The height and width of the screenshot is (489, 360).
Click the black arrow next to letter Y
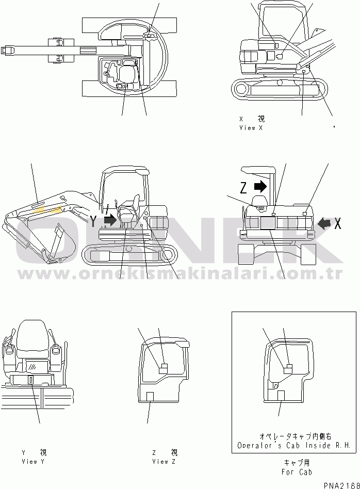click(x=110, y=220)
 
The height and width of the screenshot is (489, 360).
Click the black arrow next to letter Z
click(x=260, y=187)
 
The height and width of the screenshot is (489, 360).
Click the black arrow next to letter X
click(x=324, y=223)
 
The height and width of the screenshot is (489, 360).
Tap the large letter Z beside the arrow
click(x=243, y=187)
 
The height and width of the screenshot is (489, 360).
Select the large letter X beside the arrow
click(x=337, y=223)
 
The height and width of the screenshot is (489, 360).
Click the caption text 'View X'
click(x=251, y=128)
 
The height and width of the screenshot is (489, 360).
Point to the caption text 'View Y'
click(x=33, y=461)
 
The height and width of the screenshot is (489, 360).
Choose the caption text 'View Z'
click(x=164, y=461)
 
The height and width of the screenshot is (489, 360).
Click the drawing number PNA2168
click(x=341, y=485)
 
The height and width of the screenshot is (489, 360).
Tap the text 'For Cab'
click(x=297, y=472)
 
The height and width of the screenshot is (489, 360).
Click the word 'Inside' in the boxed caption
click(x=318, y=445)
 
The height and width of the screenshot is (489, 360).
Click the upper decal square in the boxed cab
click(x=288, y=369)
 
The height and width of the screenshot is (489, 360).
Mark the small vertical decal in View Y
click(x=31, y=380)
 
